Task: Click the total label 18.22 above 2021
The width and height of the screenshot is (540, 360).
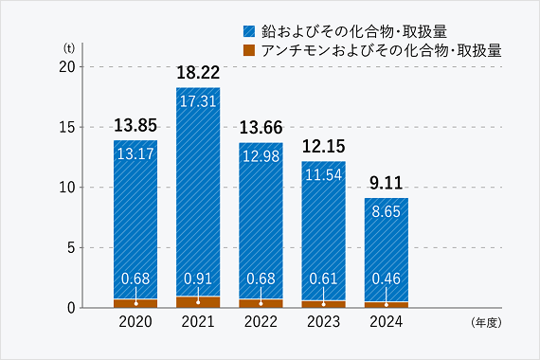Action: click(197, 72)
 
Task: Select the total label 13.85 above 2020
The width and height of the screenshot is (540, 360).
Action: click(135, 125)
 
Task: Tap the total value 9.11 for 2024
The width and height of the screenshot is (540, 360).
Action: click(386, 183)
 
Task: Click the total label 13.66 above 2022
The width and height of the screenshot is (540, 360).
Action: click(261, 127)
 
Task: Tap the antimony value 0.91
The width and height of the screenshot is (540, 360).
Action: click(197, 279)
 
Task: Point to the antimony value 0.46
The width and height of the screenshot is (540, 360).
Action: click(386, 279)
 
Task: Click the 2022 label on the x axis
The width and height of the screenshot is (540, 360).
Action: click(261, 323)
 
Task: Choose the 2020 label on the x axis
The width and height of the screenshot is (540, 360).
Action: click(135, 323)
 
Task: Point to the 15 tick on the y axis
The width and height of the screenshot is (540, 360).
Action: click(66, 127)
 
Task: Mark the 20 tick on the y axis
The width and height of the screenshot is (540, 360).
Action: click(66, 67)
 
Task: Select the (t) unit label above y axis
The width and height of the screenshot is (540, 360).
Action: click(69, 47)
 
